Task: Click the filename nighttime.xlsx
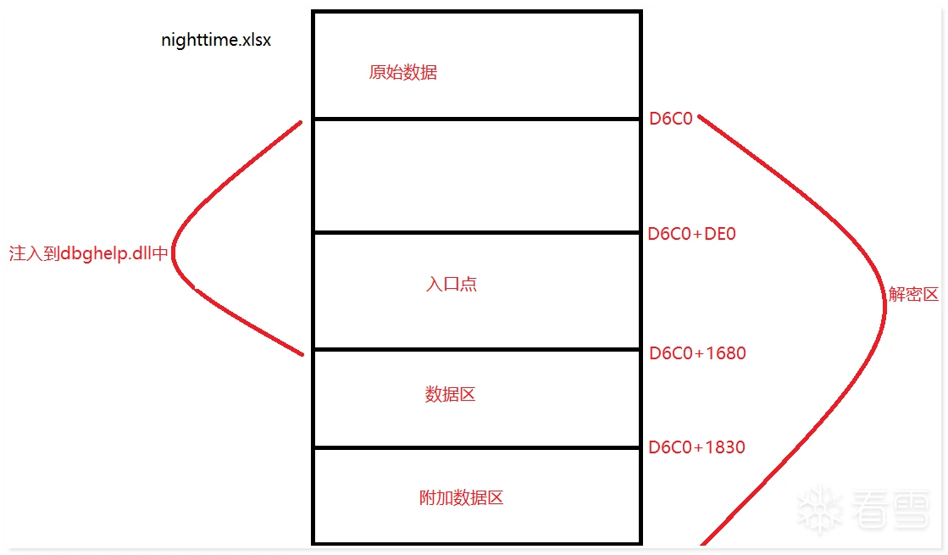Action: (x=216, y=40)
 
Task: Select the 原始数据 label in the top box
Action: (x=402, y=73)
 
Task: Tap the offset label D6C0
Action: (x=670, y=119)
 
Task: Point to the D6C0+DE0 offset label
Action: (x=691, y=234)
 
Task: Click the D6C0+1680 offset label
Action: (x=697, y=353)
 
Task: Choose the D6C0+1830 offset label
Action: (x=696, y=447)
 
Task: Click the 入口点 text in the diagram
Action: (x=451, y=284)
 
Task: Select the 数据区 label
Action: (x=450, y=395)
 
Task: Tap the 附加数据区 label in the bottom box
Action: (x=462, y=498)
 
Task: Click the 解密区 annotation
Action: (x=913, y=294)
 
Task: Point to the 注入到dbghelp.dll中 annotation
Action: (x=88, y=253)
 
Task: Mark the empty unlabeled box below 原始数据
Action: (x=477, y=175)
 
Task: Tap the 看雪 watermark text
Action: (x=890, y=509)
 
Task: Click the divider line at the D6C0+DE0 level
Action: (x=477, y=232)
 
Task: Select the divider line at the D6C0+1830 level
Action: (x=477, y=448)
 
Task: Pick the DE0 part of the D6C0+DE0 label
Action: (x=720, y=234)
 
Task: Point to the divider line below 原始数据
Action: (x=477, y=119)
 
